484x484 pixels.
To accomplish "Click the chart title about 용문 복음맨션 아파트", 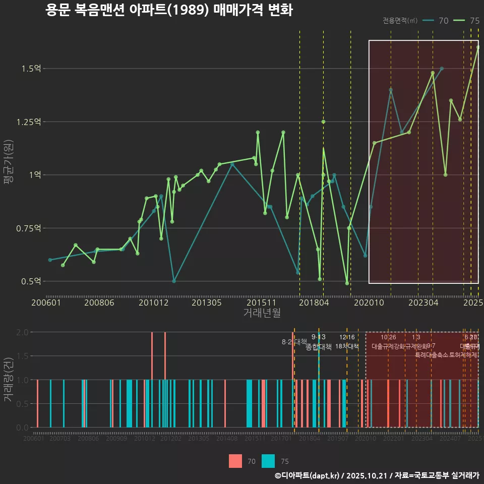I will coord(169,10).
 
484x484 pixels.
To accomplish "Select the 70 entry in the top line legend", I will coord(436,21).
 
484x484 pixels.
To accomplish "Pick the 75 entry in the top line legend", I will coord(467,21).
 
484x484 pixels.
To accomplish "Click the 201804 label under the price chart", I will coord(313,303).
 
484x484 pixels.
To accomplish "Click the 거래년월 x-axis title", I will coord(262,313).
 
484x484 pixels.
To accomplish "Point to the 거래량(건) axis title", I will coord(9,380).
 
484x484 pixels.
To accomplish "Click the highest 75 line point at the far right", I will coord(478,47).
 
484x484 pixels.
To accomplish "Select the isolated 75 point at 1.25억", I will coord(323,122).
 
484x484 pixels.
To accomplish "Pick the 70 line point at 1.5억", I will coord(442,69).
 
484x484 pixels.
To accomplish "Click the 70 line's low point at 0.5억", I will coord(174,281).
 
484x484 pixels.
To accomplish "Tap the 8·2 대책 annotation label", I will coord(294,342).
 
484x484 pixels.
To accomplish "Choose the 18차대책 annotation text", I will coord(347,346).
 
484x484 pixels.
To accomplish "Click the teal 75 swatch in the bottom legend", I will coord(269,461).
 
